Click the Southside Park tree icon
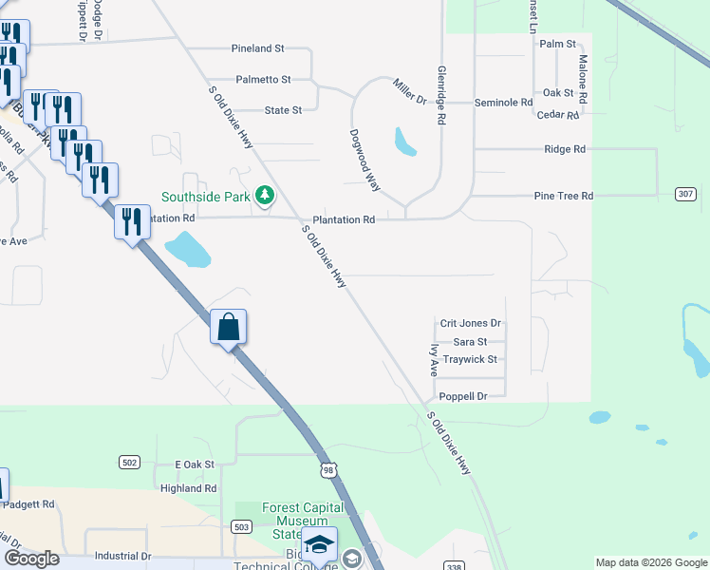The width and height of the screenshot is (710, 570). click(265, 197)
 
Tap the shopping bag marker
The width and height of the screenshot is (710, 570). click(228, 328)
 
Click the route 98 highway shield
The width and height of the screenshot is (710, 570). click(327, 470)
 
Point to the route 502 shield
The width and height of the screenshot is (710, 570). click(130, 462)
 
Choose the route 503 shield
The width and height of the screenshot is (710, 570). click(241, 526)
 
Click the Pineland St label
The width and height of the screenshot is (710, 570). click(257, 47)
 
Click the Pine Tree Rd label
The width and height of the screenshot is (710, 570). click(563, 196)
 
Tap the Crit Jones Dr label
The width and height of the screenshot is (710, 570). click(470, 324)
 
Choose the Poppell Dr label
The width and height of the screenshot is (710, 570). click(462, 396)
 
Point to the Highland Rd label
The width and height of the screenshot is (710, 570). click(189, 488)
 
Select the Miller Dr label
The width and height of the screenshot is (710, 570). click(410, 92)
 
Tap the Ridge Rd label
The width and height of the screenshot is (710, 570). click(565, 149)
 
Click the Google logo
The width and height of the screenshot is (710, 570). click(31, 559)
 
